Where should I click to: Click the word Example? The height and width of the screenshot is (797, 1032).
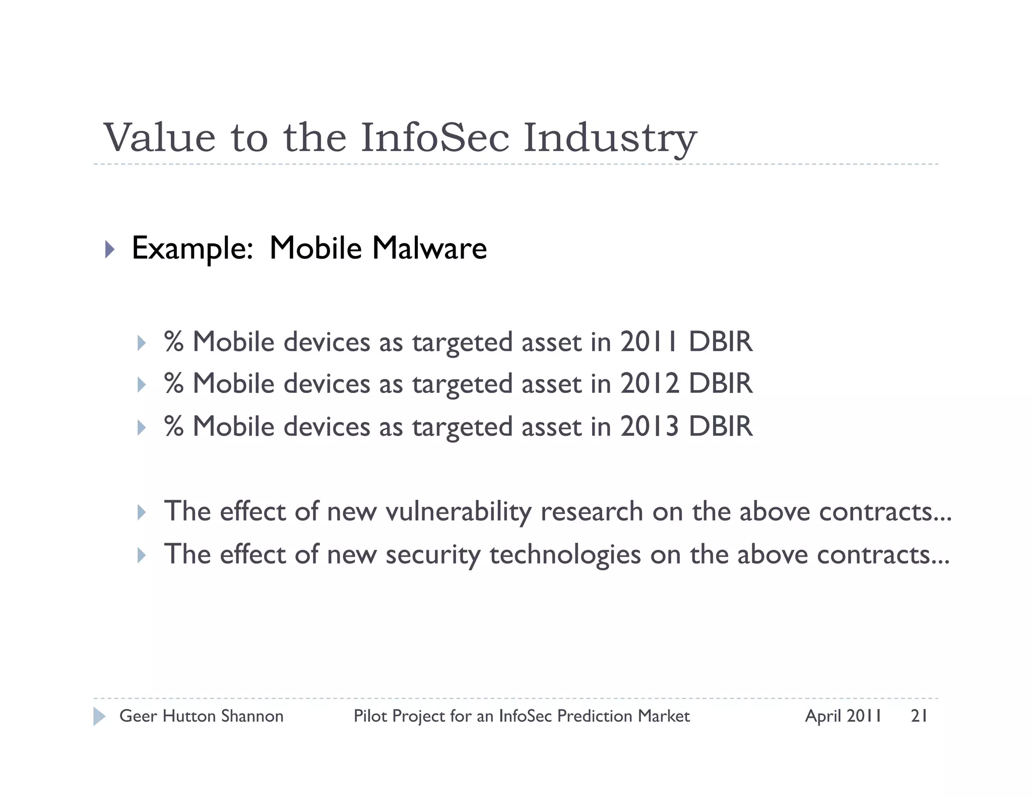(192, 249)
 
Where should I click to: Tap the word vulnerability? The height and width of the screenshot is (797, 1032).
(458, 512)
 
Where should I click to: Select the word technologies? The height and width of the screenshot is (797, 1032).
(565, 555)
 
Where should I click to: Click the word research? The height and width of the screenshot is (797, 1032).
(592, 511)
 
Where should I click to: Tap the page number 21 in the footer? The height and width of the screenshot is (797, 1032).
(919, 716)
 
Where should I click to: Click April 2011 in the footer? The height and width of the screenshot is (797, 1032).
(843, 716)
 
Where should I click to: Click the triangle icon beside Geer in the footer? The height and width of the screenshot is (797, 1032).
(99, 716)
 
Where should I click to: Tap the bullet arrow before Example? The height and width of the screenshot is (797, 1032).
(110, 249)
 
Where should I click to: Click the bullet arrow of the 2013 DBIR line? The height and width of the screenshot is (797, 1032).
(142, 428)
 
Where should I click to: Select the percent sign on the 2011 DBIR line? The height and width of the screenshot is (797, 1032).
(174, 342)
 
